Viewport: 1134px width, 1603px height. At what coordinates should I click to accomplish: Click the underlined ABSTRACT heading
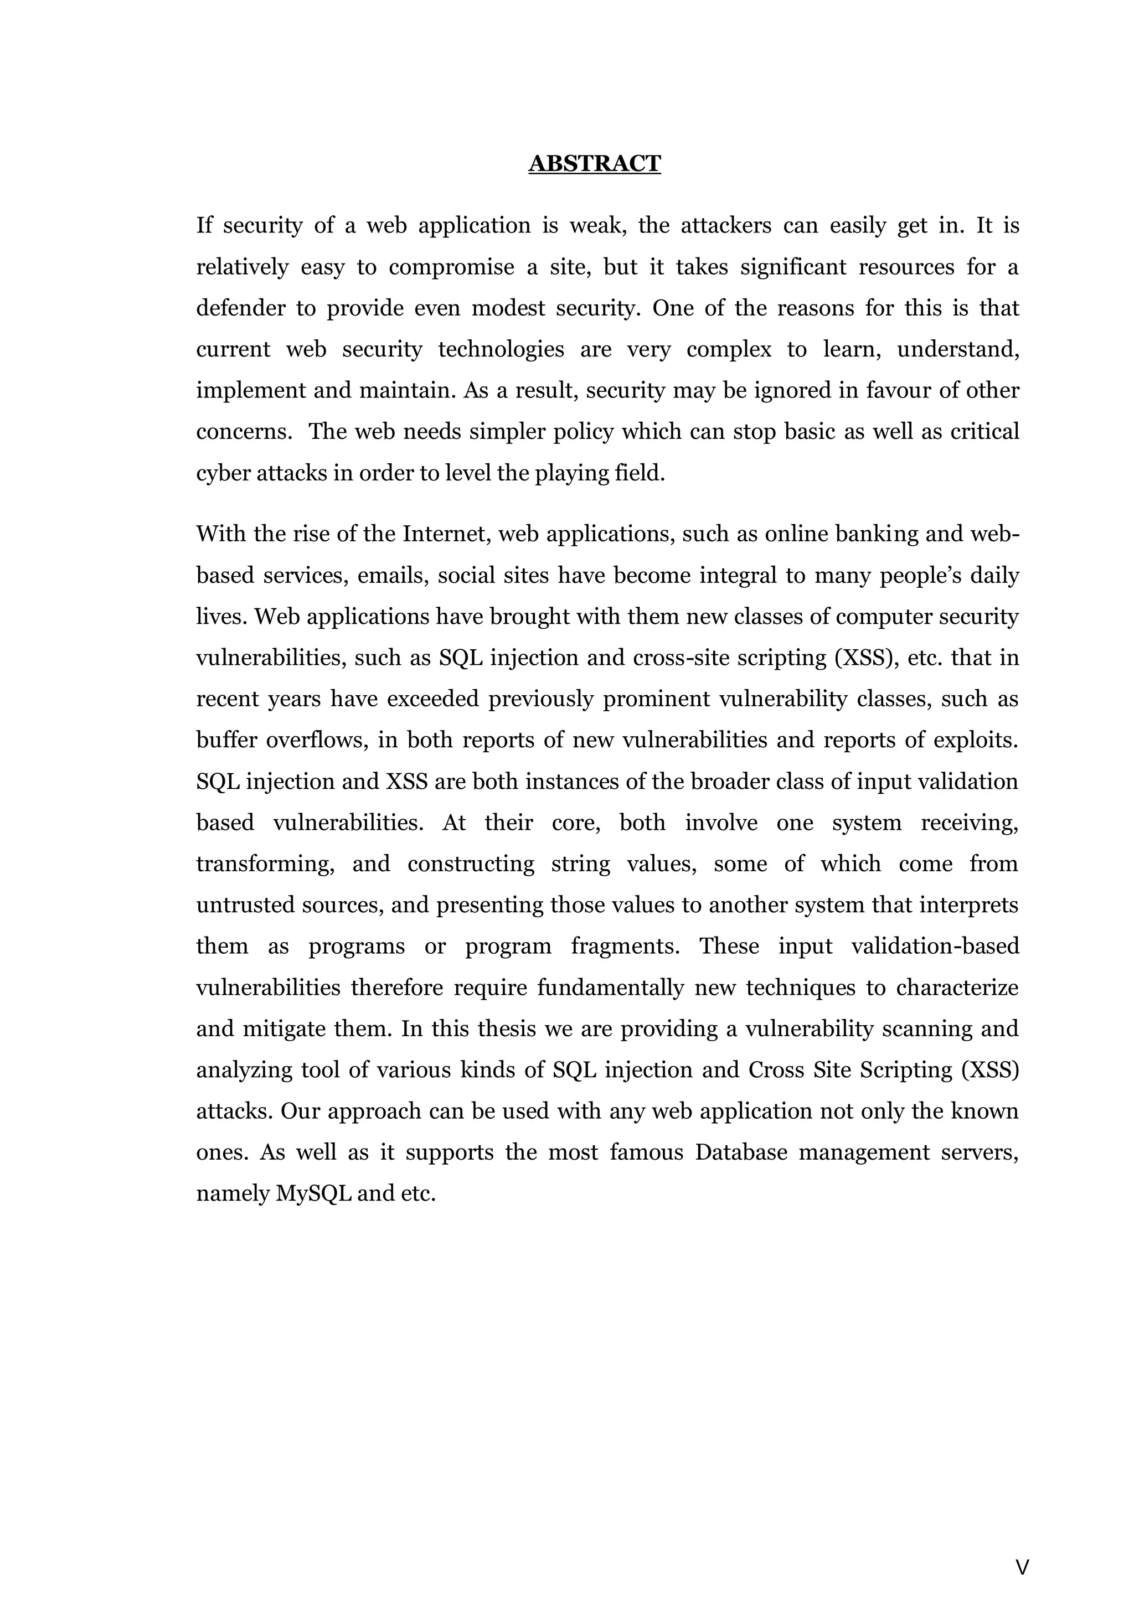tap(594, 163)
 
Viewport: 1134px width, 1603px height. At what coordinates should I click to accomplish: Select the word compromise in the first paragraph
tap(451, 267)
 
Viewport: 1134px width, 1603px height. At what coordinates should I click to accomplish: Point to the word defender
tap(241, 309)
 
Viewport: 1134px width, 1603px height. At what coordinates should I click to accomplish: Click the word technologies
tap(501, 350)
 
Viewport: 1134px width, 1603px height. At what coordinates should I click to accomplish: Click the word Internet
tap(446, 534)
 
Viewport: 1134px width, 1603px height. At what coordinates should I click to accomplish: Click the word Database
tap(741, 1152)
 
